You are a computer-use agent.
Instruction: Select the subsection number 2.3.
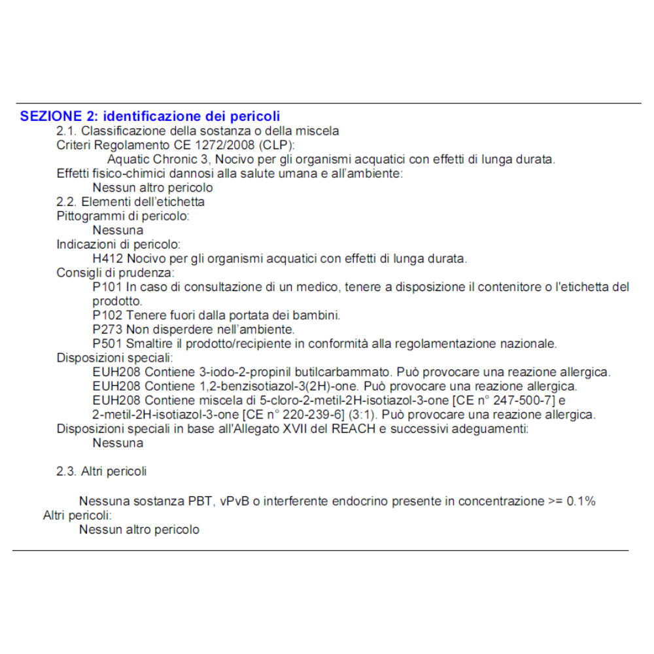click(67, 471)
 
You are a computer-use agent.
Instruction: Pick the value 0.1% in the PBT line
click(581, 502)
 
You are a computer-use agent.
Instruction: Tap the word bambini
click(318, 315)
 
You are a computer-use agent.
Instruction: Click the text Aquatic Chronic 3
click(158, 160)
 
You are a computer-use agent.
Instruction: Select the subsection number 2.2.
click(67, 201)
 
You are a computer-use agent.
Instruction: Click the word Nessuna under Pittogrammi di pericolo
click(118, 230)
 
